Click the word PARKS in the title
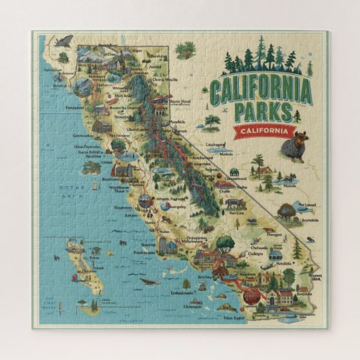(269, 111)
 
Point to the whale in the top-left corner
(66, 41)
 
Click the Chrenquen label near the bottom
(196, 306)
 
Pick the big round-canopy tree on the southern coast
(226, 244)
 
